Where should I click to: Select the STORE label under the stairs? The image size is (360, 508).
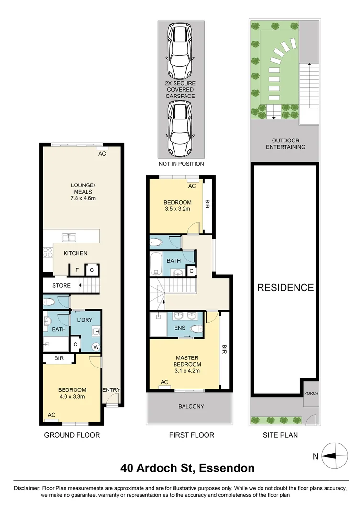click(62, 286)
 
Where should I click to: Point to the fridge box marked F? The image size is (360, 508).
click(77, 270)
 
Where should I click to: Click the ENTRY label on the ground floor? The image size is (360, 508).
click(111, 390)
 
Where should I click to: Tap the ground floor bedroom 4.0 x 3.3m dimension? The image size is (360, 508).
click(72, 397)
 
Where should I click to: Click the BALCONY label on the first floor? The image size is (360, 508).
click(191, 407)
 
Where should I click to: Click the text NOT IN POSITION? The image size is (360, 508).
click(181, 164)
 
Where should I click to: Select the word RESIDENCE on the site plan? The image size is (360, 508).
click(285, 288)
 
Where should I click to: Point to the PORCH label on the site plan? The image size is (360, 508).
click(311, 393)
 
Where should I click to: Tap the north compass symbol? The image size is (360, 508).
click(334, 456)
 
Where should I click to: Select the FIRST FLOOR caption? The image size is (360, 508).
click(191, 435)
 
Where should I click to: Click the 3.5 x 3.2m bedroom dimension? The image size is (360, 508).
click(178, 209)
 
